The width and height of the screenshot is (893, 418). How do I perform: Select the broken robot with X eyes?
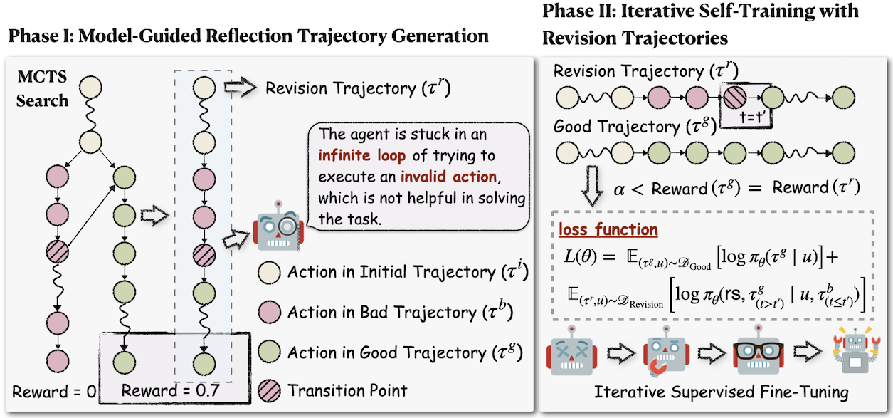(x=571, y=352)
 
